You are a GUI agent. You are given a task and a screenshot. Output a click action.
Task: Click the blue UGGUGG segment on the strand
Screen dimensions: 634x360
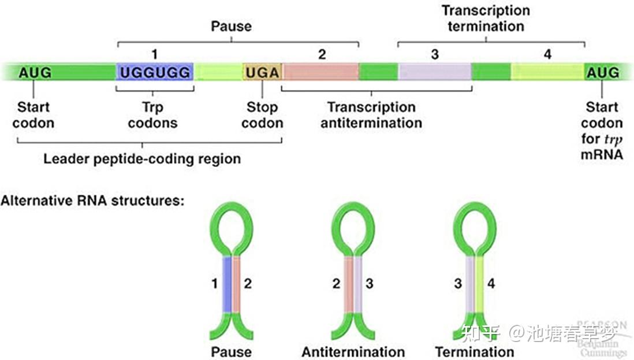pos(155,72)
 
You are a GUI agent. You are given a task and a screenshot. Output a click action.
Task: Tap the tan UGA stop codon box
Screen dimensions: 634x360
pos(262,72)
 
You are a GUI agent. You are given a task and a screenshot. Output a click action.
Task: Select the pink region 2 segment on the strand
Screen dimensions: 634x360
pos(320,72)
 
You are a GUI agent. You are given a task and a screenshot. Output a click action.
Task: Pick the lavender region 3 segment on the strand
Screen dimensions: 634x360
pos(435,72)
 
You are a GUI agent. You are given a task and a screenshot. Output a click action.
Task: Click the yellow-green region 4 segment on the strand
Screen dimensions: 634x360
pos(548,72)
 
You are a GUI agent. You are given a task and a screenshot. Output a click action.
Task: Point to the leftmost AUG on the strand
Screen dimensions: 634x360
pos(35,73)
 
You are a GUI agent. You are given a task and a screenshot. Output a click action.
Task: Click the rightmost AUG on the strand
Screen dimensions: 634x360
pos(603,73)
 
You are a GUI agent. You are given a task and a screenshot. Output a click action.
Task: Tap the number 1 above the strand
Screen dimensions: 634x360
pos(154,54)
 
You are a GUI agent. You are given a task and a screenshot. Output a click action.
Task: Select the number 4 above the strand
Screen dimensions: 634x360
pos(547,54)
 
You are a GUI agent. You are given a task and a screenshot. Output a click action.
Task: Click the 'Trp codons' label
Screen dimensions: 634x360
pos(153,115)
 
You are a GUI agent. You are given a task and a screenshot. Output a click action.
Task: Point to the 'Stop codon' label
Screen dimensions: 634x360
pos(262,115)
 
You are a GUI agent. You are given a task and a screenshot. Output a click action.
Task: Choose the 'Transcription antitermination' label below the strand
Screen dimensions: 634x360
pos(371,115)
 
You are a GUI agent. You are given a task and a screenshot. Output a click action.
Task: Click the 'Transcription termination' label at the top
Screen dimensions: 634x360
pos(486,18)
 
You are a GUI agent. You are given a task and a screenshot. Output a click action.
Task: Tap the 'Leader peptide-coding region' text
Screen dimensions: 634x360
pos(142,158)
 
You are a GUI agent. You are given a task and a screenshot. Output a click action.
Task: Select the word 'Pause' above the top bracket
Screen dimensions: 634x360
pos(232,27)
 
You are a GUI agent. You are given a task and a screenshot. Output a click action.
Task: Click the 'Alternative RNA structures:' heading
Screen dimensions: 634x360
pos(92,201)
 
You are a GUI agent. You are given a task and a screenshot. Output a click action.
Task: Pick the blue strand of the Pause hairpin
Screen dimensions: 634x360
pos(228,284)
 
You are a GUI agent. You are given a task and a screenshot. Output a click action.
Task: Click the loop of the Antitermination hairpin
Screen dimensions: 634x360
pos(353,229)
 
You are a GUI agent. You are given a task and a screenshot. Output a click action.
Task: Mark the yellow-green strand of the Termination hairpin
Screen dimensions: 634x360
pos(480,284)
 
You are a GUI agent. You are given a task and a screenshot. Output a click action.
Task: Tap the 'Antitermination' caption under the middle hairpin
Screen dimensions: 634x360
pos(353,352)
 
